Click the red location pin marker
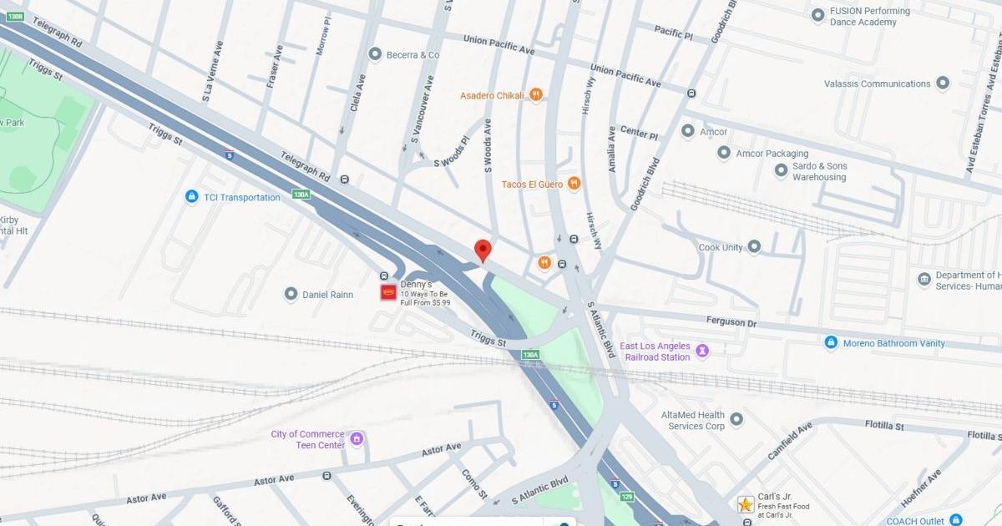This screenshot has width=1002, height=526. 483,250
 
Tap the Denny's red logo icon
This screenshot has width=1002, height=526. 388,292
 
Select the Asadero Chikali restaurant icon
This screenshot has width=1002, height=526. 536,95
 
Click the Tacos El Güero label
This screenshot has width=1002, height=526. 531,184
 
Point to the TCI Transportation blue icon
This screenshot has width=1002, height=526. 192,197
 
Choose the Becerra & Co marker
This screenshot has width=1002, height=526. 376,54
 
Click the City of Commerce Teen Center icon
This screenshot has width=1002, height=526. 357,438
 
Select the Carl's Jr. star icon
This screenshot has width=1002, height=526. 746,504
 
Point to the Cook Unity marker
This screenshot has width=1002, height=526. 754,246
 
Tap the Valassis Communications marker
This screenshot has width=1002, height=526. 943,83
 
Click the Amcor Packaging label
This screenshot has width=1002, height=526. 772,154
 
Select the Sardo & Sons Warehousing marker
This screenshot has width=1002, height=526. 781,170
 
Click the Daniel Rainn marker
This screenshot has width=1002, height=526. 291,294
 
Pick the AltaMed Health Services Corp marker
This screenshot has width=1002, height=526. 736,419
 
